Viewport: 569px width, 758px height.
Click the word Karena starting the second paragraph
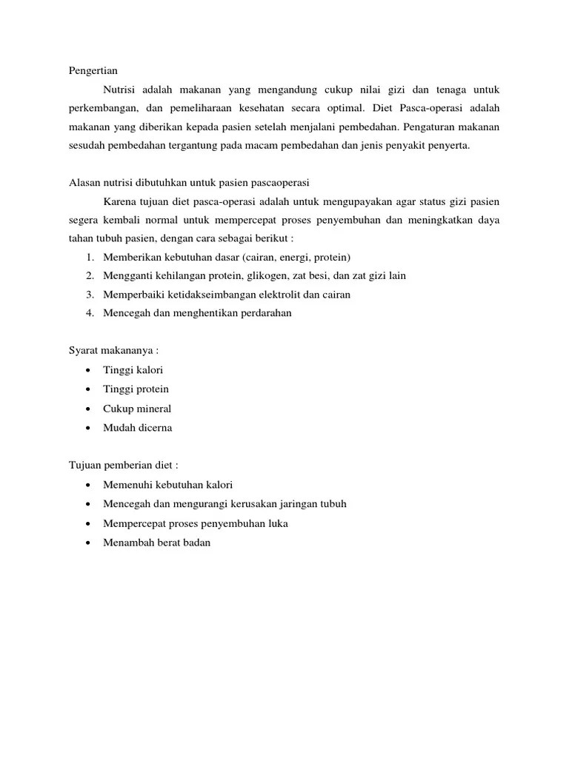pyautogui.click(x=120, y=201)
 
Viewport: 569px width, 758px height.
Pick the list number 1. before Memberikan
pyautogui.click(x=90, y=257)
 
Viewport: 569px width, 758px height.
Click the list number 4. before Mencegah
pyautogui.click(x=90, y=313)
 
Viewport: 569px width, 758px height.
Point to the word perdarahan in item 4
pyautogui.click(x=263, y=313)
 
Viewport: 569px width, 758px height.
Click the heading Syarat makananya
pyautogui.click(x=113, y=351)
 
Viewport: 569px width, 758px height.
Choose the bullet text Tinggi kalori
pyautogui.click(x=133, y=369)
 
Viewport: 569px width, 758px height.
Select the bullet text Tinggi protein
pyautogui.click(x=136, y=389)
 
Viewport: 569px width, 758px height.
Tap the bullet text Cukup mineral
pyautogui.click(x=137, y=409)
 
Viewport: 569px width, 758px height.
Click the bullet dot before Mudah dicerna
pyautogui.click(x=89, y=428)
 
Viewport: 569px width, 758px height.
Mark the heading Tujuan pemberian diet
pyautogui.click(x=123, y=466)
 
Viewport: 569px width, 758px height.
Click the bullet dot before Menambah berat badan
pyautogui.click(x=89, y=543)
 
